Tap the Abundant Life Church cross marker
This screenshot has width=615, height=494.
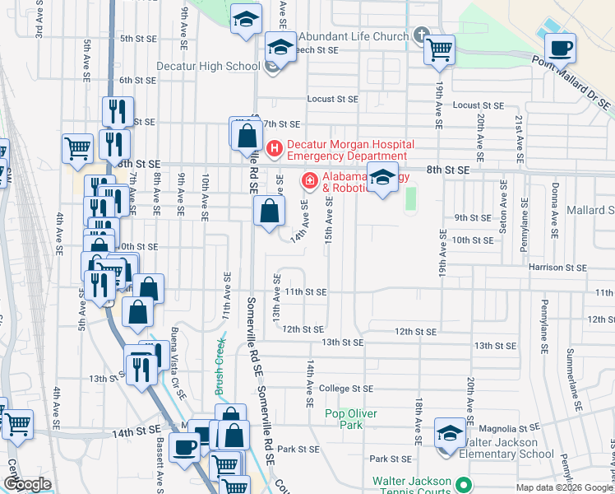point(422,35)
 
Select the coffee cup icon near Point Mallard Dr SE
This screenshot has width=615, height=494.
point(561,48)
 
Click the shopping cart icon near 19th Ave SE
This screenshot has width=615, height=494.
point(439,49)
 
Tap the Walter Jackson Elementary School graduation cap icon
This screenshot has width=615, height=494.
point(451,432)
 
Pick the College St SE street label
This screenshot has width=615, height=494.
point(346,388)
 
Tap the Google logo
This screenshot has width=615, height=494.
point(27,484)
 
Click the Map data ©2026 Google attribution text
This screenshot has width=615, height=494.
point(564,487)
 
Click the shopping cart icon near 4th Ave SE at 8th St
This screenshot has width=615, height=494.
point(77,148)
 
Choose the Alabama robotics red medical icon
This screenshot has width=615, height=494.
point(309,179)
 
